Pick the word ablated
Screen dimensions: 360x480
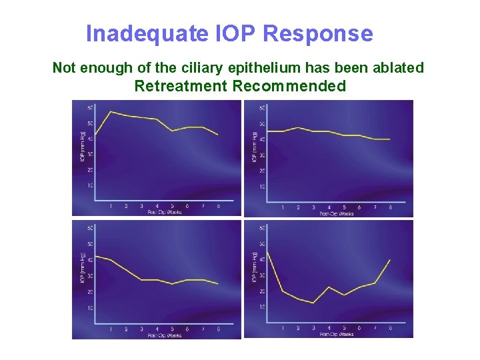[399, 68]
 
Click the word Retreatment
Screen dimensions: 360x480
[181, 86]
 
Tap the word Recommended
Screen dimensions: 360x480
[289, 86]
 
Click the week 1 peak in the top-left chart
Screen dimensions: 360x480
[111, 111]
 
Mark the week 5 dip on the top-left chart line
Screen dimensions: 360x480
[173, 131]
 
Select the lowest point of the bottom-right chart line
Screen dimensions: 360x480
[313, 303]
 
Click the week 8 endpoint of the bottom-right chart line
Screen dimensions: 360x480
[390, 259]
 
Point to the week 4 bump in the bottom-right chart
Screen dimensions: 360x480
[329, 287]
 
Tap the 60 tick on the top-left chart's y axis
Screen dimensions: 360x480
[89, 107]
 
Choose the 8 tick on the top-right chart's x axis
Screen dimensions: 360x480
[390, 208]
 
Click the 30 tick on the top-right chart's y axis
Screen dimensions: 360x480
[261, 155]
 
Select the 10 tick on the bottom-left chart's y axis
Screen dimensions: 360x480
[89, 308]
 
